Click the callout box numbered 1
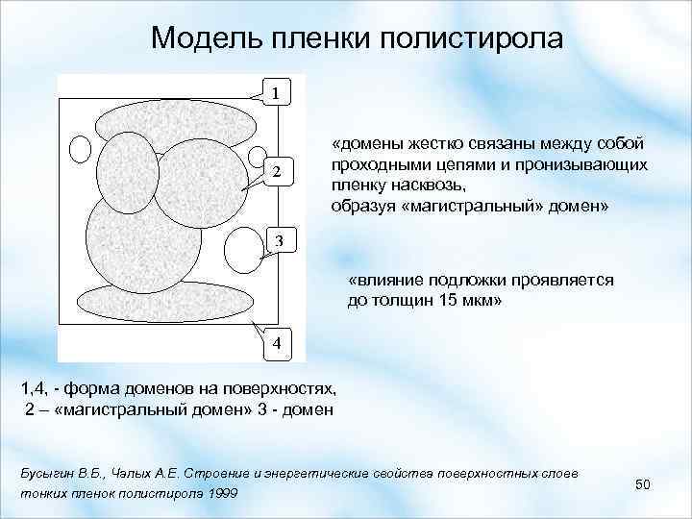(276, 93)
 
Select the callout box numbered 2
(276, 173)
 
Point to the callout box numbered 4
(276, 343)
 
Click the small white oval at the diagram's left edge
(82, 149)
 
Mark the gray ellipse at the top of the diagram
(175, 120)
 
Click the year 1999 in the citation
(222, 494)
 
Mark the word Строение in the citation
(209, 475)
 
